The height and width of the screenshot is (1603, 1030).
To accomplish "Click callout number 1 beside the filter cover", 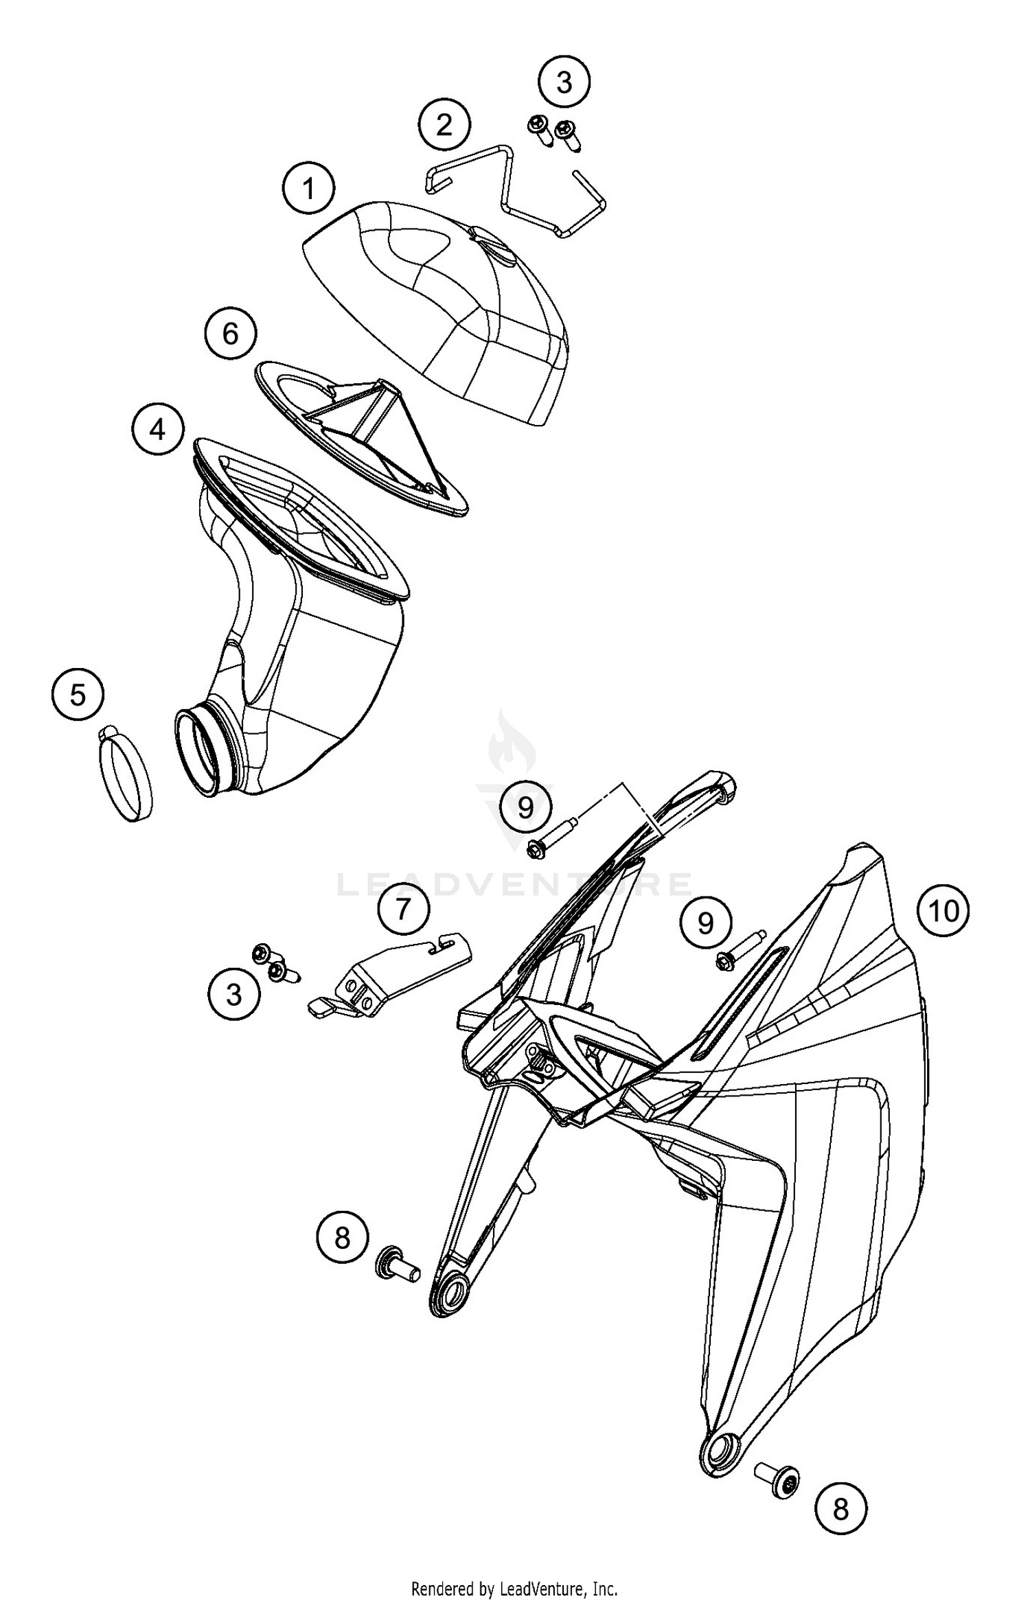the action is click(309, 188).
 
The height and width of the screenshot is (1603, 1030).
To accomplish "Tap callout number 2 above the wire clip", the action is click(445, 125).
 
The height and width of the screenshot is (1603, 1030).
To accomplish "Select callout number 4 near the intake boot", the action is click(158, 430).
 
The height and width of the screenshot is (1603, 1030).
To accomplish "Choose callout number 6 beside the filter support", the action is click(230, 334).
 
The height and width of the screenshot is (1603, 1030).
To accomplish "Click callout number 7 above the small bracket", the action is click(403, 909).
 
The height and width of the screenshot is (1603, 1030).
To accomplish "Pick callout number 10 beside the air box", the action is click(943, 911).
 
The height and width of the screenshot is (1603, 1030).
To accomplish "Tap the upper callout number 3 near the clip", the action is click(564, 82).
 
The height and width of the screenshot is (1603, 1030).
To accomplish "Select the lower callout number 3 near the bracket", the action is click(234, 995).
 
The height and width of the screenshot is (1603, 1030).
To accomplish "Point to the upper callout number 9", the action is click(525, 808).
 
